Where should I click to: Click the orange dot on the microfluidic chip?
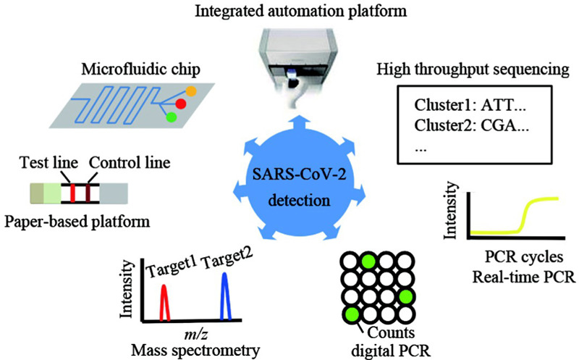coord(191,92)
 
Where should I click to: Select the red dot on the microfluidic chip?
coord(180,104)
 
